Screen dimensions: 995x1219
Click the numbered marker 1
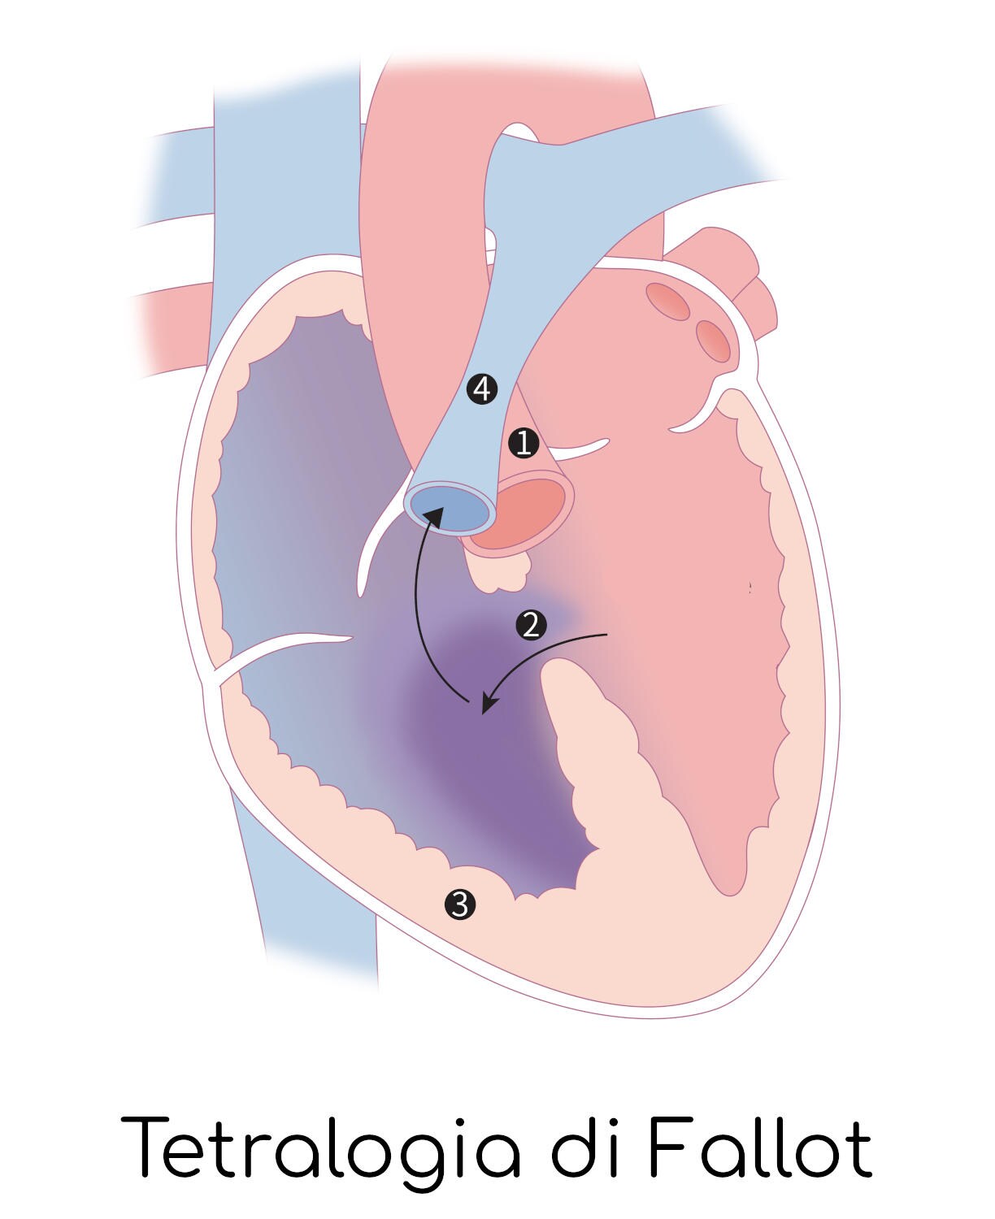point(524,444)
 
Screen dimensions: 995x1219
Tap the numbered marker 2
point(531,625)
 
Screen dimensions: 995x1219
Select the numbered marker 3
point(459,904)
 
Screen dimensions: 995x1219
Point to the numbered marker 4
point(481,389)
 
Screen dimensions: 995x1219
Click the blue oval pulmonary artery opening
point(449,505)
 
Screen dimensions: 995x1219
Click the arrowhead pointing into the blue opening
point(432,515)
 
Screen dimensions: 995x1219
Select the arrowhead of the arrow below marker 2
point(490,703)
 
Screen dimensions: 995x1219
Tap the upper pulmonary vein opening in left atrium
point(667,301)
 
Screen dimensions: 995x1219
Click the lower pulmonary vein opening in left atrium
point(713,341)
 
